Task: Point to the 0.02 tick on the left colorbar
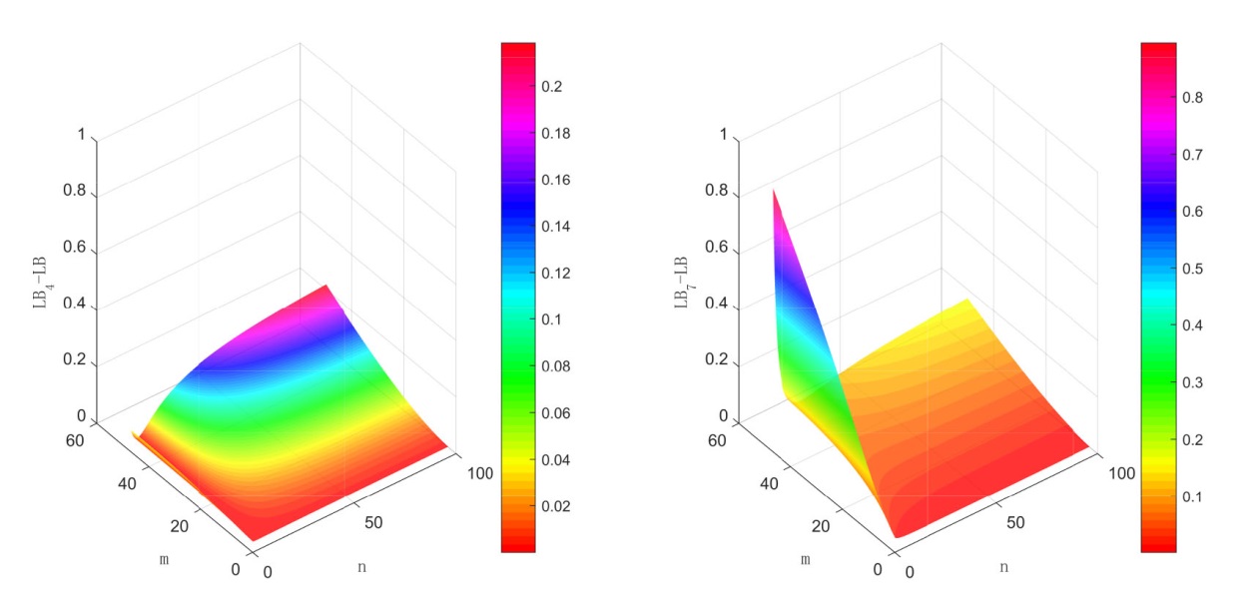(x=553, y=506)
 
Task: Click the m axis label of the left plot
(x=164, y=558)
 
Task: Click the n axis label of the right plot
(x=1003, y=566)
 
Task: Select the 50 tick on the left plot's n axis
(x=375, y=522)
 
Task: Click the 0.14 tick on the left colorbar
(x=553, y=227)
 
